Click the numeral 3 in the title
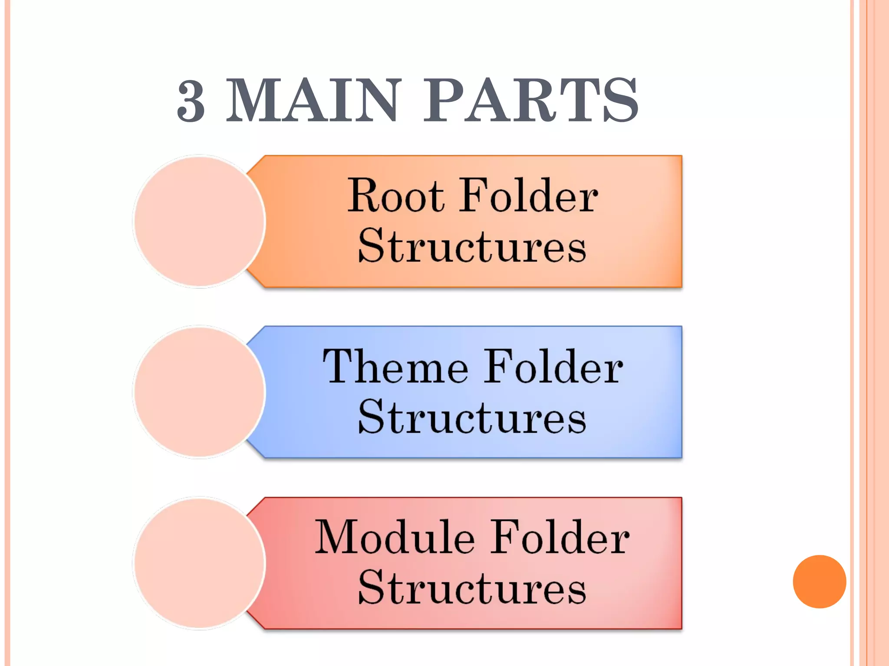[191, 101]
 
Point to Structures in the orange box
[472, 246]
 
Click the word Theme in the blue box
[395, 367]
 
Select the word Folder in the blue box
[553, 367]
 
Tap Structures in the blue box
[472, 417]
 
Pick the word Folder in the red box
[560, 538]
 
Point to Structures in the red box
[472, 588]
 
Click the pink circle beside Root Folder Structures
[199, 221]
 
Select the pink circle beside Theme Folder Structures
[199, 392]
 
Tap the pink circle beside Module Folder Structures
[199, 563]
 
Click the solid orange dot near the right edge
[819, 581]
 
